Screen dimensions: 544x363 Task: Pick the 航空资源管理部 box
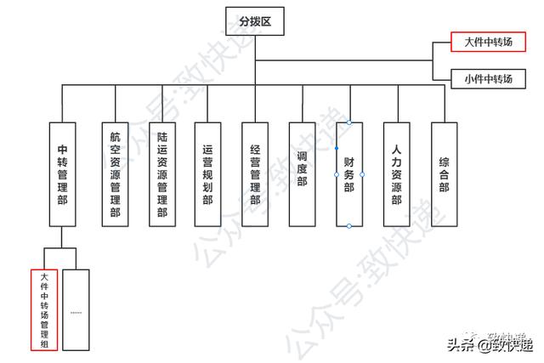coord(115,173)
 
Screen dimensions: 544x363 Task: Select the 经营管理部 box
coord(255,173)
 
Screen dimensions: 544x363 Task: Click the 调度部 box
coord(302,173)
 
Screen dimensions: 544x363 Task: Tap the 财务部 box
coord(349,173)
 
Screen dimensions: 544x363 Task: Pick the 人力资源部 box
coord(396,173)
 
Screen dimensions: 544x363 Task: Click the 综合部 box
coord(444,173)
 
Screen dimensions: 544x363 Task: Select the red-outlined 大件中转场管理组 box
coord(44,309)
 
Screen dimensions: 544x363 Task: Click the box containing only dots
coord(76,309)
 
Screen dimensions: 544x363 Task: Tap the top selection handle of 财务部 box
coord(349,122)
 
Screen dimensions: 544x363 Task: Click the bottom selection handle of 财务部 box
coord(349,226)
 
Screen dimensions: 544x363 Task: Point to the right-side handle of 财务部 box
coord(363,173)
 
